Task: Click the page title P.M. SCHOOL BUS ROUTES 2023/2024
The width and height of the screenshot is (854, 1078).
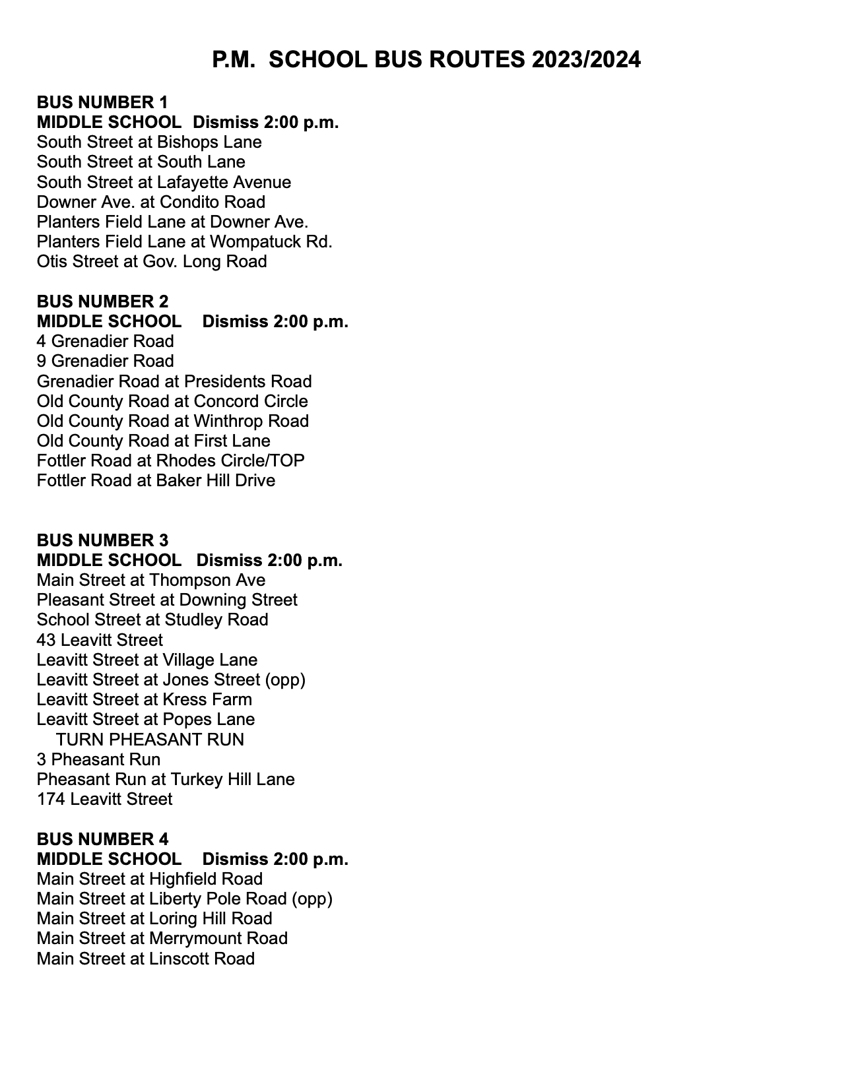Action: point(426,60)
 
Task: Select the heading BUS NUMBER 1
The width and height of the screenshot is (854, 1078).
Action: point(102,102)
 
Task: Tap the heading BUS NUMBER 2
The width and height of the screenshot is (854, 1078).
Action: point(102,301)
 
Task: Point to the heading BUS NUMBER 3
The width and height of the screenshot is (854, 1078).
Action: point(102,540)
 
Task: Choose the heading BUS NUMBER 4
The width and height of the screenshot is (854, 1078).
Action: point(102,839)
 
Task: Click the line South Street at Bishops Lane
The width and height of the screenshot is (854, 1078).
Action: point(149,143)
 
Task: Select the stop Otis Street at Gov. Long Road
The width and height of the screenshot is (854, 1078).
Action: point(152,262)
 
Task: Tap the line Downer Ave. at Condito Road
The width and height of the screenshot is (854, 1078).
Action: point(151,202)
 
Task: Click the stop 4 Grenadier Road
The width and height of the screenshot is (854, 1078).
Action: point(106,342)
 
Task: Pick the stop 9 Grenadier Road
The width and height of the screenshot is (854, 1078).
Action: point(106,362)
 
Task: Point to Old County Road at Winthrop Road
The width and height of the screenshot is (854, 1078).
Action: point(173,421)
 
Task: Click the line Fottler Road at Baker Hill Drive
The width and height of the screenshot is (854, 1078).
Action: point(156,481)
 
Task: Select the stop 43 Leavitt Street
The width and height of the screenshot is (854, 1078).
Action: point(100,640)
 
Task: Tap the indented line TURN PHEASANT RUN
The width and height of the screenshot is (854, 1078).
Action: point(150,740)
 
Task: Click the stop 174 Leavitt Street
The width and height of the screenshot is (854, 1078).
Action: point(104,800)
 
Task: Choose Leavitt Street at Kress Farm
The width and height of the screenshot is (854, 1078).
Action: point(145,699)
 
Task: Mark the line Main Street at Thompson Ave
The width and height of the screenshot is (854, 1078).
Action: point(151,581)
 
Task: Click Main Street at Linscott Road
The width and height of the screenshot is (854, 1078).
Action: point(146,959)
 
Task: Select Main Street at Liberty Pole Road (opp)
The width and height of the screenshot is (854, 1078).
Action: point(185,899)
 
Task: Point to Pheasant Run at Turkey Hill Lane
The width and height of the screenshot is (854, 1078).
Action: point(166,779)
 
